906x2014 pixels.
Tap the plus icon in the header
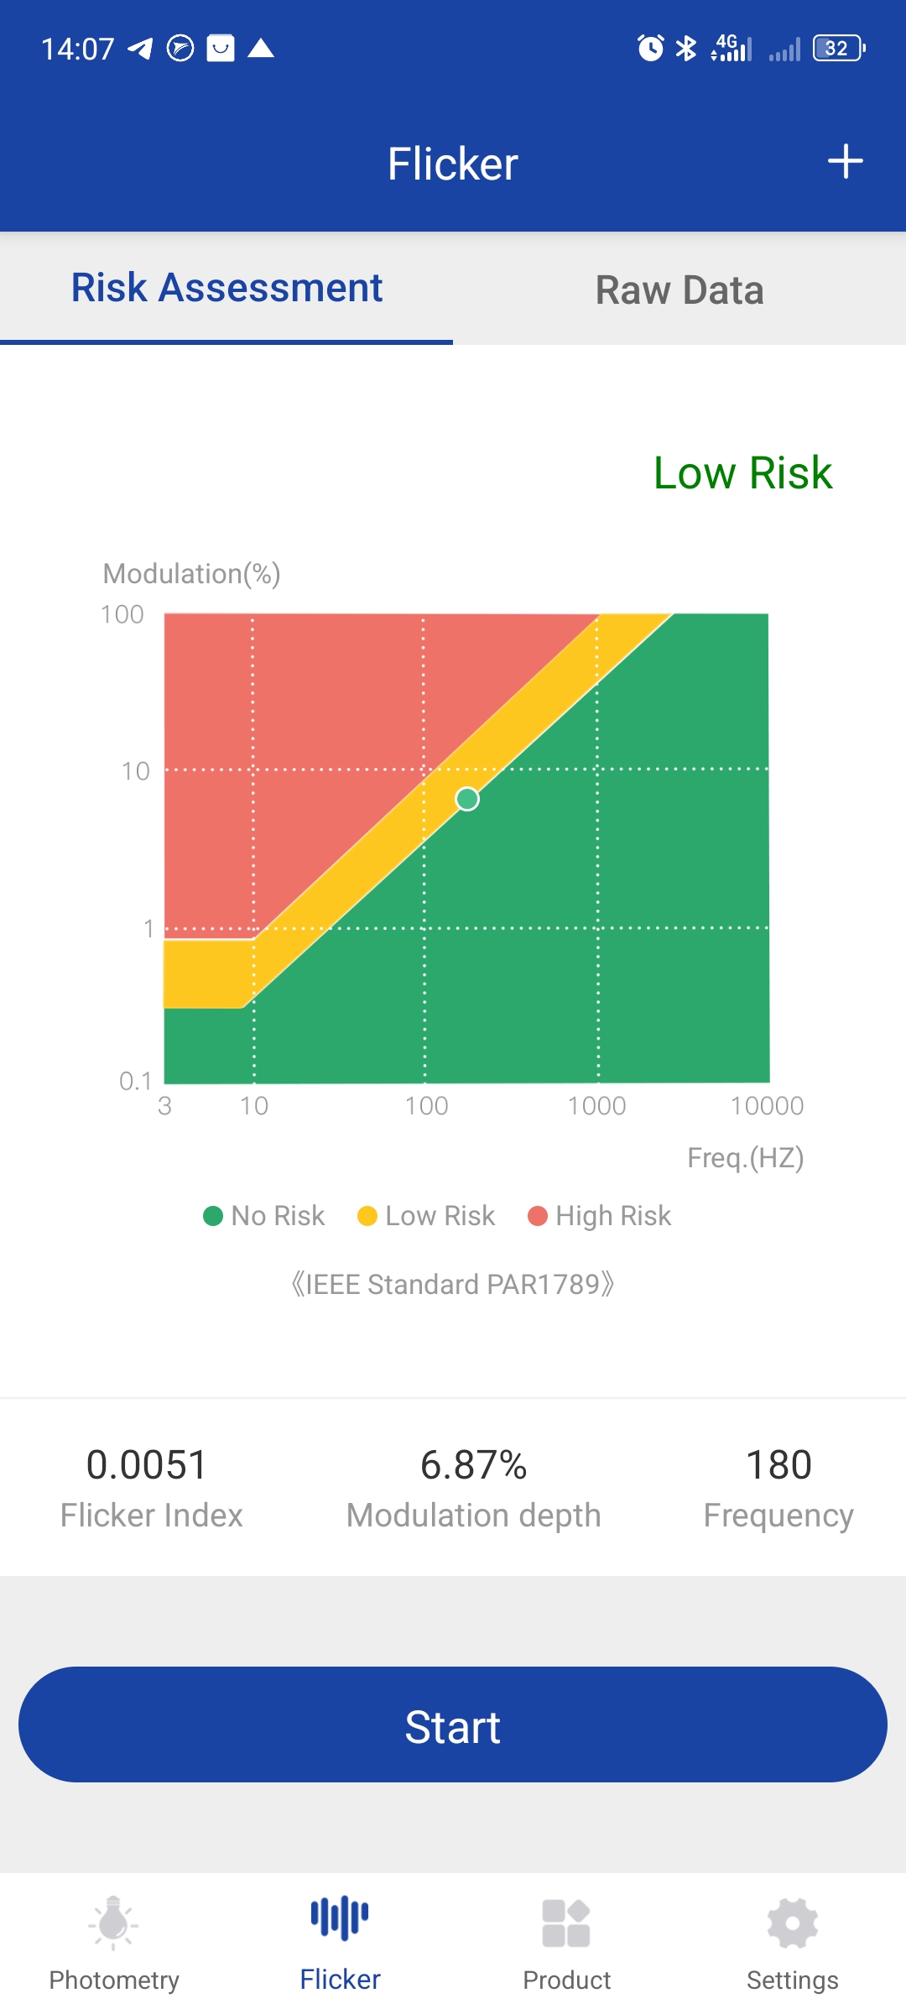(x=845, y=162)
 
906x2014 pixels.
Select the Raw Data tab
(x=679, y=290)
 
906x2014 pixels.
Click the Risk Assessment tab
(x=226, y=288)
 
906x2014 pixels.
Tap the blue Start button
(x=453, y=1725)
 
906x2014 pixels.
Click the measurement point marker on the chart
(x=467, y=799)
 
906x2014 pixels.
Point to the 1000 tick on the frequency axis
(x=596, y=1106)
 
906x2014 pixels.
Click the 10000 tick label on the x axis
(x=767, y=1106)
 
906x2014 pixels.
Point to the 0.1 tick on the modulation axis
(x=135, y=1081)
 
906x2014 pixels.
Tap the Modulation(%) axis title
(x=191, y=574)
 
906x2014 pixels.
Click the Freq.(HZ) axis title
(x=745, y=1158)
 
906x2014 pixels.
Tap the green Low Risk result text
(x=742, y=472)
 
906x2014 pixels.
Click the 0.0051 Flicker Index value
(x=147, y=1465)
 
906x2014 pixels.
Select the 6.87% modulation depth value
(x=473, y=1465)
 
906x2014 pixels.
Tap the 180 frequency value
(x=778, y=1465)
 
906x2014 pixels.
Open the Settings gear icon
(x=792, y=1923)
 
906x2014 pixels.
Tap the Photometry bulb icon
(x=113, y=1922)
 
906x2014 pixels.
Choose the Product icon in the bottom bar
(x=566, y=1923)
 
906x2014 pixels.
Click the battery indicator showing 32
(x=838, y=49)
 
